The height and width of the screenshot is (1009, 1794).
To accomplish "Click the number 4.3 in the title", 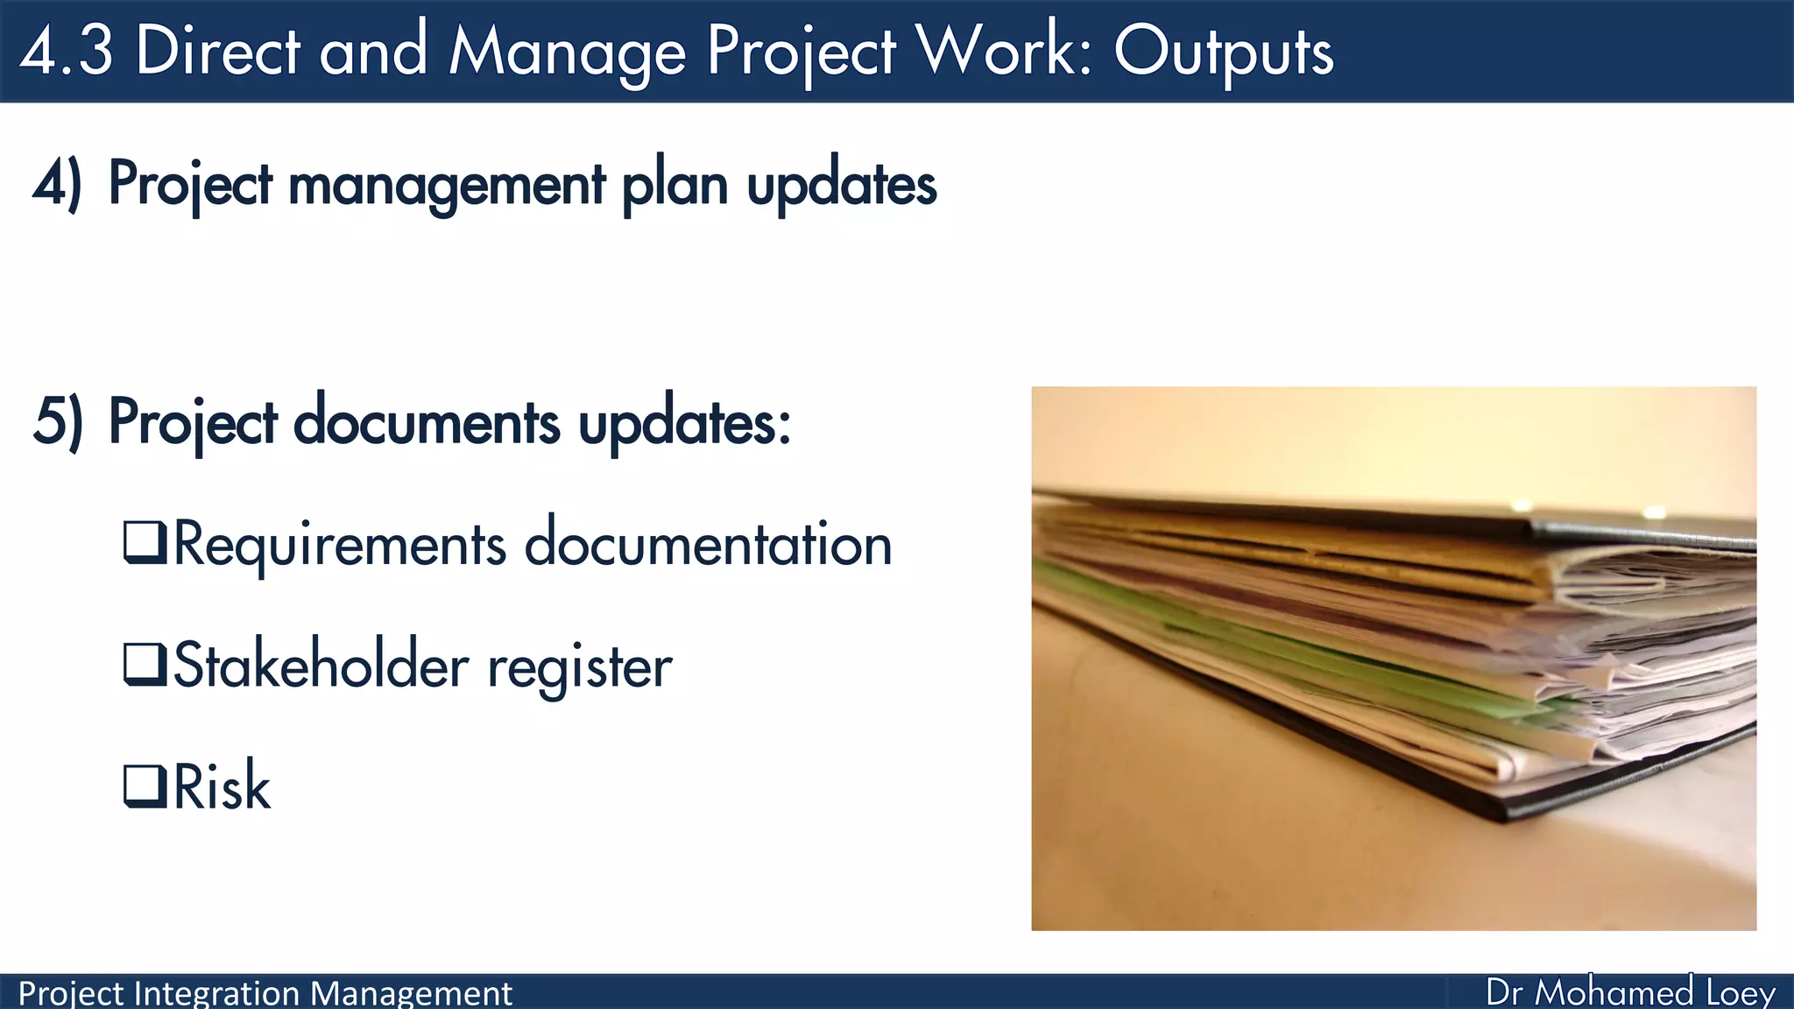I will [67, 51].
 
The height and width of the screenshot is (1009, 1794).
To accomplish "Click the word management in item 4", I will [446, 186].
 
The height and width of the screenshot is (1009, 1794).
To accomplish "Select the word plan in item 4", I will [675, 186].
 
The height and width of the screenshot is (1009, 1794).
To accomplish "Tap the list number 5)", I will [58, 422].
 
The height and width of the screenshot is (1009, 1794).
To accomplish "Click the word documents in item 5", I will [426, 422].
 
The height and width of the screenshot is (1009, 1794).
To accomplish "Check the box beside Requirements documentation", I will [145, 543].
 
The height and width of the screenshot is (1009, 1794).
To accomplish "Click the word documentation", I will [708, 543].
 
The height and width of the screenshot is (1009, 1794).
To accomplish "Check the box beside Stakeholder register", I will [145, 665].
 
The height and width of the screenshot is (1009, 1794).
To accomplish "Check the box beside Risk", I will [145, 786].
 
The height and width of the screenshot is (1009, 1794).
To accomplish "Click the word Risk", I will [222, 786].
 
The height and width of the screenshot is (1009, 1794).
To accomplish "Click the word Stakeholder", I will [321, 666].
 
